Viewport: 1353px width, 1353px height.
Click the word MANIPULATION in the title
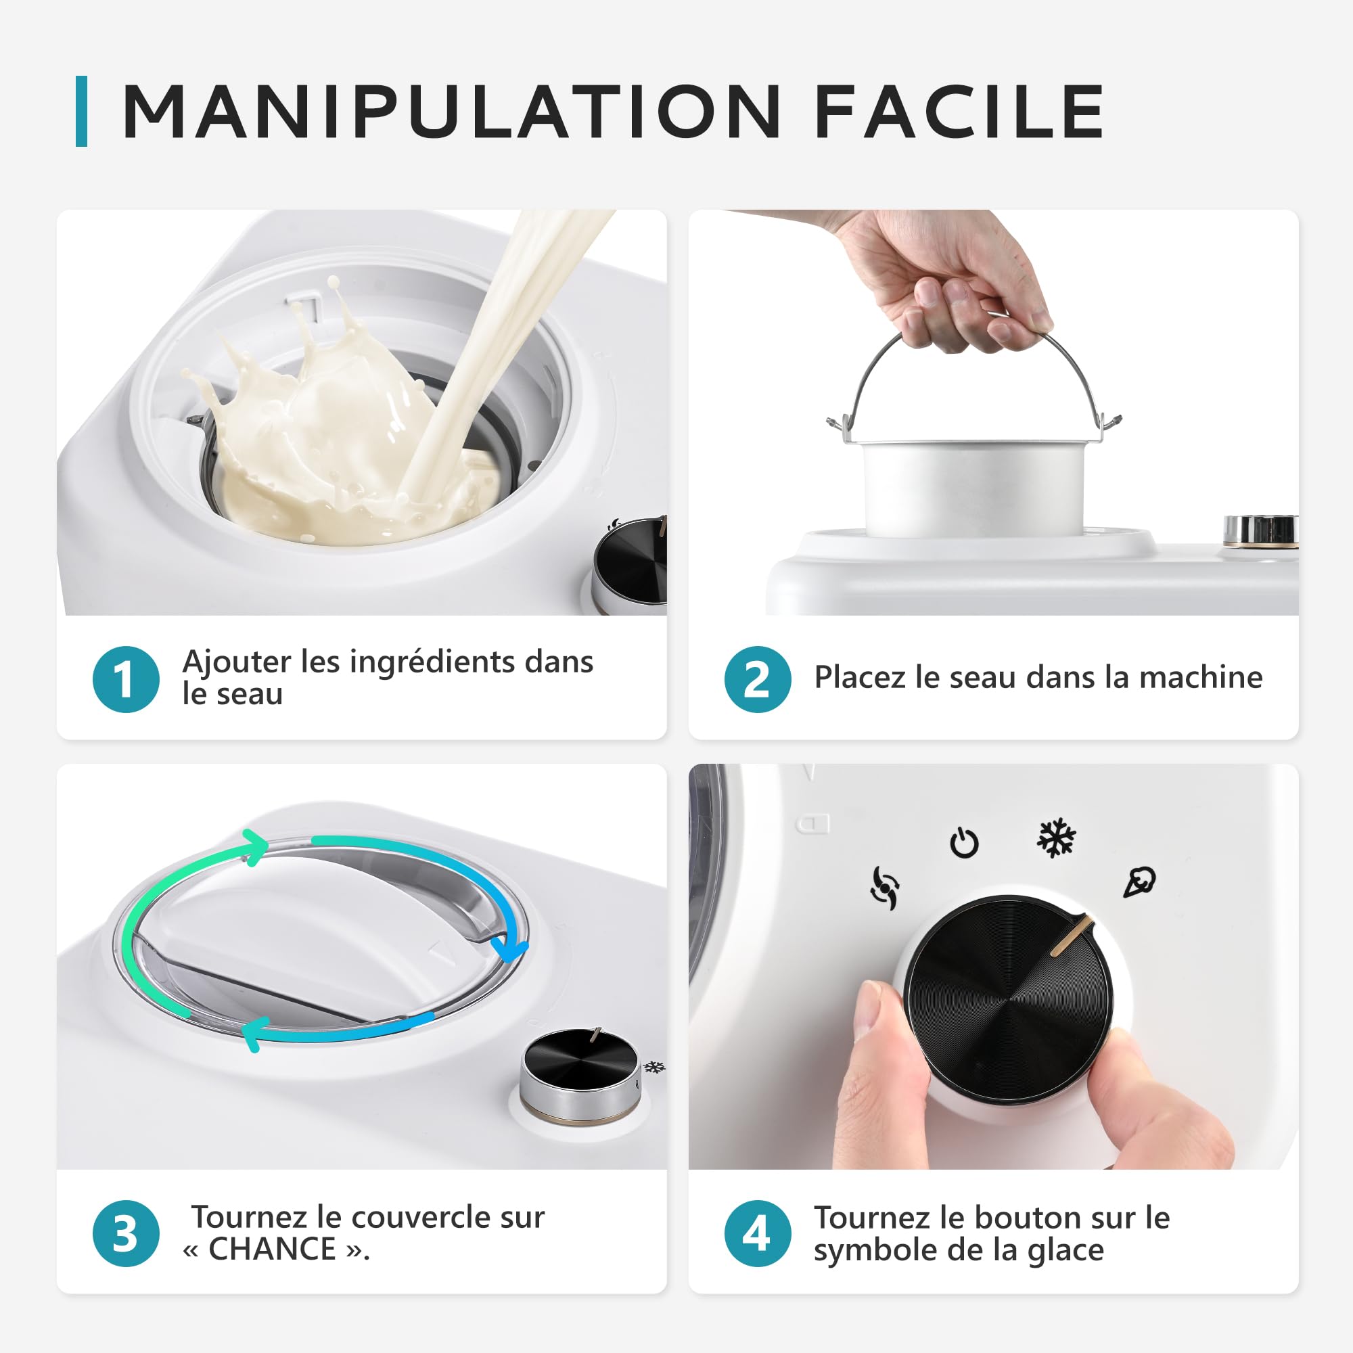coord(451,112)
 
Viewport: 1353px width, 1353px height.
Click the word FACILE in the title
coord(959,112)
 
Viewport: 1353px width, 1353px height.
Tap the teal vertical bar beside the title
coord(81,112)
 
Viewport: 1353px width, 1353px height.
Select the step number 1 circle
coord(126,679)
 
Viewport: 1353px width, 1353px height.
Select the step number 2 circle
coord(758,679)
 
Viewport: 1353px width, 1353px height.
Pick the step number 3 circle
coord(126,1233)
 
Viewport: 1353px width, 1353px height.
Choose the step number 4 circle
coord(758,1233)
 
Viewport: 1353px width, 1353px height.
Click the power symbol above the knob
coord(964,842)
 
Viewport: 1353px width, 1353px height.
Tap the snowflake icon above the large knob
coord(1055,838)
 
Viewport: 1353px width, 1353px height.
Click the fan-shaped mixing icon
coord(884,888)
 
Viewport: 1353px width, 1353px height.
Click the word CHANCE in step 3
coord(273,1249)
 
